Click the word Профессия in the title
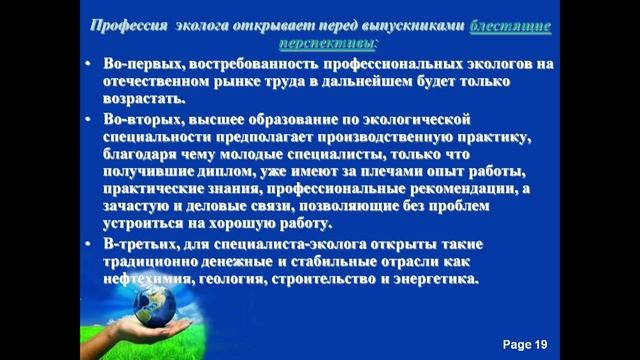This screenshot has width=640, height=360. click(x=128, y=28)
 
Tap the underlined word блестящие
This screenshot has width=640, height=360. click(x=514, y=28)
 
